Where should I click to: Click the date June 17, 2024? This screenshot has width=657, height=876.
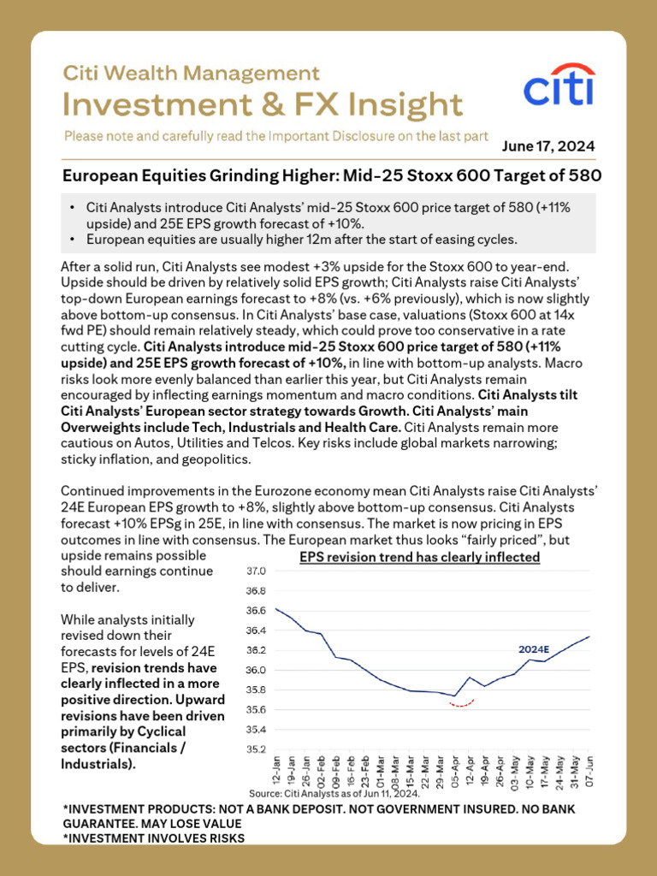pos(548,145)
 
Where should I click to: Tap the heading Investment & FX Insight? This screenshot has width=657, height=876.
pos(263,105)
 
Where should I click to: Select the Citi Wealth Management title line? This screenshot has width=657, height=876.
pos(192,74)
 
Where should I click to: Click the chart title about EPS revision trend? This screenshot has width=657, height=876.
pos(419,558)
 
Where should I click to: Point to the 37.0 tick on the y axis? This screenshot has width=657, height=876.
pos(256,571)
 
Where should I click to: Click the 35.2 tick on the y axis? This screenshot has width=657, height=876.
pos(256,749)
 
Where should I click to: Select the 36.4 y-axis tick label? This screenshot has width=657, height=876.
pos(256,630)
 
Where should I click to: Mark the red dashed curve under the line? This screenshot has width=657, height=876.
pos(462,706)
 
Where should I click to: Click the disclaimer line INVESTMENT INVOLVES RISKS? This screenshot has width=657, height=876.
pos(154,838)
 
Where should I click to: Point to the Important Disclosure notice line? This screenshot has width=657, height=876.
pos(275,135)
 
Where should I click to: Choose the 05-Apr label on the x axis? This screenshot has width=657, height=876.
pos(453,771)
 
